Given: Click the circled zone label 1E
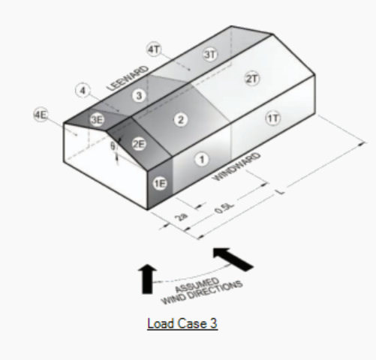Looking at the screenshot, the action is point(160,184).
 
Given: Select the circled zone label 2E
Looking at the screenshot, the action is point(139,144).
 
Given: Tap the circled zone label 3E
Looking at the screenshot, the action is point(97,120).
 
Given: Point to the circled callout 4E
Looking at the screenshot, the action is point(41,115).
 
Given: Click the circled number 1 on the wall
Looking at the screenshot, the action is point(202,160).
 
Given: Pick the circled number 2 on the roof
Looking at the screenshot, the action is point(181,120).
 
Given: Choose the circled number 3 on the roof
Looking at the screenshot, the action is point(139,95).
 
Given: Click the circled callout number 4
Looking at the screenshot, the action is point(83,90).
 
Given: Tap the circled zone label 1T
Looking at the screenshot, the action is point(272,118).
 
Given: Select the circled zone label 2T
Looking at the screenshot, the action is point(252,79).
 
